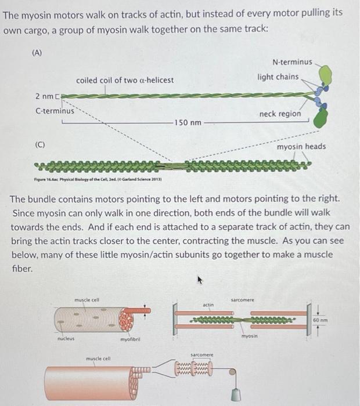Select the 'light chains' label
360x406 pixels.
[x=279, y=77]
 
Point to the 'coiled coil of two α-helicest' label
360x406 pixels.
[x=125, y=79]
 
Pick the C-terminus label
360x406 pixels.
[x=55, y=110]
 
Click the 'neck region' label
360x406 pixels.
[x=280, y=114]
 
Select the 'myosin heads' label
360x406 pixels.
[x=301, y=146]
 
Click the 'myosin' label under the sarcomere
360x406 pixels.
[x=249, y=335]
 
